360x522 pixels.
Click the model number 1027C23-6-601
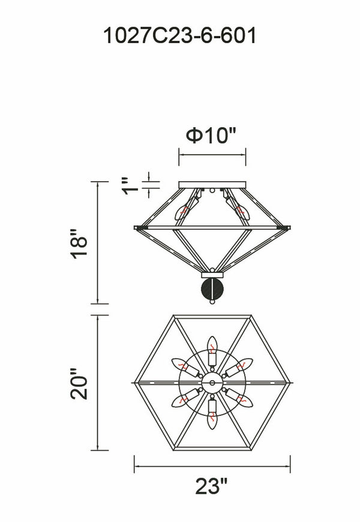point(180,35)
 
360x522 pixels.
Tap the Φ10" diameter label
point(211,136)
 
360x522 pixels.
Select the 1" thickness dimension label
point(130,186)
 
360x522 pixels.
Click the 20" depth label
point(79,383)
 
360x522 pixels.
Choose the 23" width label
point(211,487)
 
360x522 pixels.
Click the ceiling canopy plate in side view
point(212,185)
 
